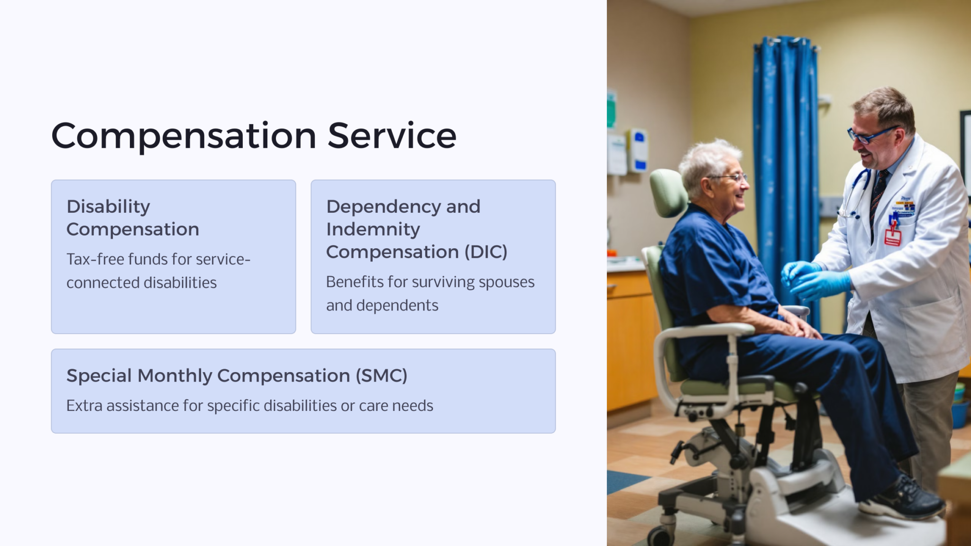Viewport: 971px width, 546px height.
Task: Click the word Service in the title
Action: click(392, 136)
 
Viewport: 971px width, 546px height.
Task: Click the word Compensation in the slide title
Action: click(183, 136)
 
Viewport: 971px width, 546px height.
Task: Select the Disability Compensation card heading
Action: click(132, 218)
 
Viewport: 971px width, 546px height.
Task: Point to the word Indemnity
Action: click(373, 229)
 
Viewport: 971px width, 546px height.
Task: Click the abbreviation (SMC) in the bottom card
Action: click(382, 376)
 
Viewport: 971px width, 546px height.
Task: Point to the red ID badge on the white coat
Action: click(892, 236)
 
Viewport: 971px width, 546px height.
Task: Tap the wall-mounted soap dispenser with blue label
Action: click(638, 150)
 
